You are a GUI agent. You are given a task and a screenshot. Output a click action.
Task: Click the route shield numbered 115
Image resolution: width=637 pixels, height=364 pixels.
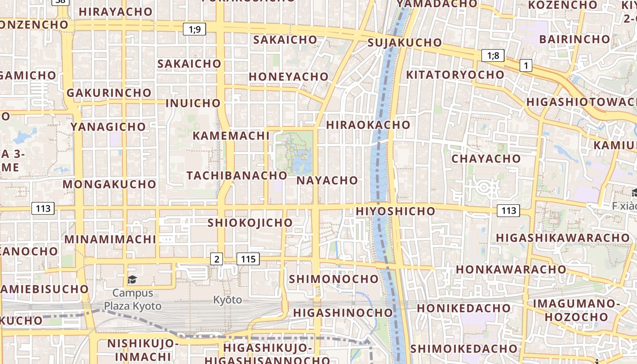[x=248, y=259]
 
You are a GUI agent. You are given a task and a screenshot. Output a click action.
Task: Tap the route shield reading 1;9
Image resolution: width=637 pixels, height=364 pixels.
[x=195, y=30]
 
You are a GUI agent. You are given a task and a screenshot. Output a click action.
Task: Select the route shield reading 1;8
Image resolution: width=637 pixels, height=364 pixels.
[x=493, y=56]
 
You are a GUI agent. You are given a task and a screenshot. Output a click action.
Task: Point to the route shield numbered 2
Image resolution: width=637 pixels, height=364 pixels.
[x=217, y=259]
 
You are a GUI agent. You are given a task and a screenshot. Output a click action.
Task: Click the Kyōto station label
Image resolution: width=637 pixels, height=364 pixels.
[x=227, y=300]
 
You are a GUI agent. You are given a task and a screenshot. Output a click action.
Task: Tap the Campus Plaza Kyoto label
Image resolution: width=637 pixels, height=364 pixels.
[x=132, y=299]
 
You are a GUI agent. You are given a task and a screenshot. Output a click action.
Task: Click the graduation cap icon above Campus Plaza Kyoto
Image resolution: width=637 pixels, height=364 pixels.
[x=132, y=279]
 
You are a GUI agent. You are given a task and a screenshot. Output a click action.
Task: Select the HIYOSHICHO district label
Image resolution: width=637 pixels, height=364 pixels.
[x=395, y=211]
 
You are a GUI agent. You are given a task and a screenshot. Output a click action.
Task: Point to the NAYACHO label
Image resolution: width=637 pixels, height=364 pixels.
[x=327, y=180]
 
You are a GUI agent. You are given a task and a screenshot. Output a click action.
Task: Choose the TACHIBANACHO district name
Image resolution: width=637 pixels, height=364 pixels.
[x=237, y=175]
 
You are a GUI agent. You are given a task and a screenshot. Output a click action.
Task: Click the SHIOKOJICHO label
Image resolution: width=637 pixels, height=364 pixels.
[x=250, y=222]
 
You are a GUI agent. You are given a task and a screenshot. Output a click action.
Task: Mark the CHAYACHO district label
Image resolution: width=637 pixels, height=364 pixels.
[x=486, y=159]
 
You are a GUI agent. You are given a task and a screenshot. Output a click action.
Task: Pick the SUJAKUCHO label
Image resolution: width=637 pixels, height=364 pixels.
[x=404, y=43]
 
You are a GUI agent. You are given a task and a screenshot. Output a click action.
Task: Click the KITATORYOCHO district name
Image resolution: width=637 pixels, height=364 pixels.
[x=455, y=75]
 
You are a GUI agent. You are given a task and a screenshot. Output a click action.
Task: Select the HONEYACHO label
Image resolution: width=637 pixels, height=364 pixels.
[x=288, y=76]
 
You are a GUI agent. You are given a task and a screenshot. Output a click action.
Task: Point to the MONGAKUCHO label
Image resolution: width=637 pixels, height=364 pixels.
[x=109, y=184]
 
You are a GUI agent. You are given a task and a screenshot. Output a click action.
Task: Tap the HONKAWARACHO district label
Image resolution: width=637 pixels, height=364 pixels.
[x=511, y=269]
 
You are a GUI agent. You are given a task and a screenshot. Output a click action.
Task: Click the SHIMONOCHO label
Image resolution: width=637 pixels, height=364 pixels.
[x=334, y=278]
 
